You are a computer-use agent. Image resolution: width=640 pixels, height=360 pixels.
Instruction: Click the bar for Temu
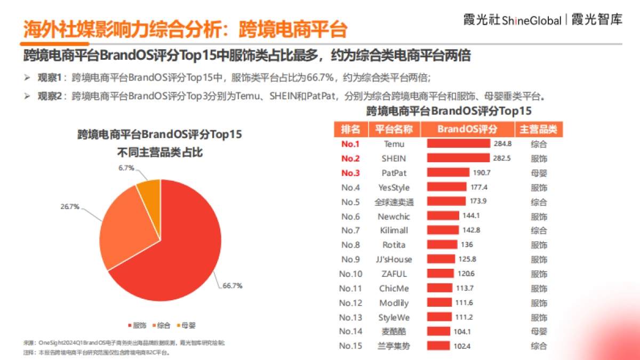[x=458, y=143]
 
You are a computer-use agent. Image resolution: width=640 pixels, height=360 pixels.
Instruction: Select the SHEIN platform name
[x=394, y=158]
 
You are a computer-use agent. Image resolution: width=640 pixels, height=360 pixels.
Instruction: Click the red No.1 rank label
[x=350, y=144]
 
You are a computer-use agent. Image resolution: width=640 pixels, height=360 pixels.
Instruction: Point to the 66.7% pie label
[x=233, y=286]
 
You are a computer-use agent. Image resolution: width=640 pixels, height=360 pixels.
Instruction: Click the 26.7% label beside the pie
[x=69, y=206]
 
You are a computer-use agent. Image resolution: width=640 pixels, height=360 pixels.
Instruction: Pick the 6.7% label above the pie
[x=126, y=168]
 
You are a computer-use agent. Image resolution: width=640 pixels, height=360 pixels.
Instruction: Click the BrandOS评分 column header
[x=467, y=129]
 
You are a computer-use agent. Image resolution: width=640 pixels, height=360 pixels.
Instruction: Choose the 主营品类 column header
[x=538, y=129]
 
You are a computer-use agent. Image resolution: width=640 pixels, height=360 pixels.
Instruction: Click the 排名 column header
[x=350, y=129]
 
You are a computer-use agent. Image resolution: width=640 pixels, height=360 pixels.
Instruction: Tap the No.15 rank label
[x=350, y=346]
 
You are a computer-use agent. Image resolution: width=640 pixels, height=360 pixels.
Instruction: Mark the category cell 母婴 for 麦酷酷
[x=539, y=331]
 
